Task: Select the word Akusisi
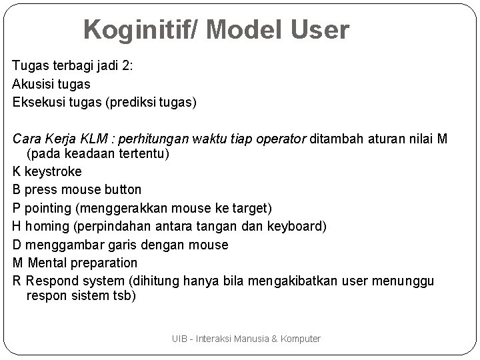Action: pyautogui.click(x=34, y=84)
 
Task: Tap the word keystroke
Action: pyautogui.click(x=53, y=171)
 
